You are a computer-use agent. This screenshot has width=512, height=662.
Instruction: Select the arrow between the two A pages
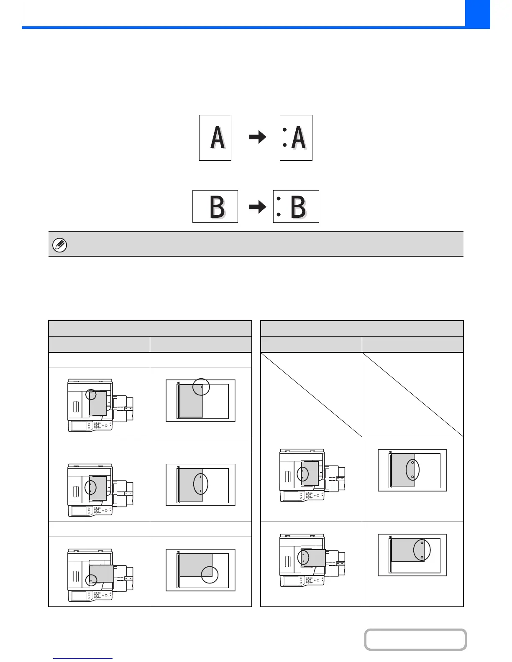(257, 137)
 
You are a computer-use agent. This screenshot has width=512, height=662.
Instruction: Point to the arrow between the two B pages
(257, 206)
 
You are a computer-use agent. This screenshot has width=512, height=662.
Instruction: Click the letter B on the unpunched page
(217, 206)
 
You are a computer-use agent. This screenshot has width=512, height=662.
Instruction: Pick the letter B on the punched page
(298, 206)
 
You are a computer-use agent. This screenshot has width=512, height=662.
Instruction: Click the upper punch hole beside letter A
(284, 130)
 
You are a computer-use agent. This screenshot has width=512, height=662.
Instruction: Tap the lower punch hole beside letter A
(284, 145)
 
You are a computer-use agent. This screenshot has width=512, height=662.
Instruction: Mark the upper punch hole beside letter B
(279, 199)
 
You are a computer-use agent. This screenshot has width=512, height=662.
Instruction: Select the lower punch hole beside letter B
(279, 214)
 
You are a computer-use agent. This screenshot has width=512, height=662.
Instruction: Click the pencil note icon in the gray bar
(59, 245)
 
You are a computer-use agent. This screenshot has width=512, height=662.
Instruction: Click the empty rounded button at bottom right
(415, 639)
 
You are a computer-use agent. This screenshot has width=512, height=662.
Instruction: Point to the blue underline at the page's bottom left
(83, 659)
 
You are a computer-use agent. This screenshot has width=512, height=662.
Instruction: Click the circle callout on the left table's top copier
(91, 395)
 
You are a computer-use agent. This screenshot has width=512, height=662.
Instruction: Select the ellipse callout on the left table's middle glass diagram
(200, 484)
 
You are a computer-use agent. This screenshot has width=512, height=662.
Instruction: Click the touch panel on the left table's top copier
(79, 426)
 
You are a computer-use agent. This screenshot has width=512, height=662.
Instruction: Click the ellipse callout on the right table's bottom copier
(303, 557)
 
